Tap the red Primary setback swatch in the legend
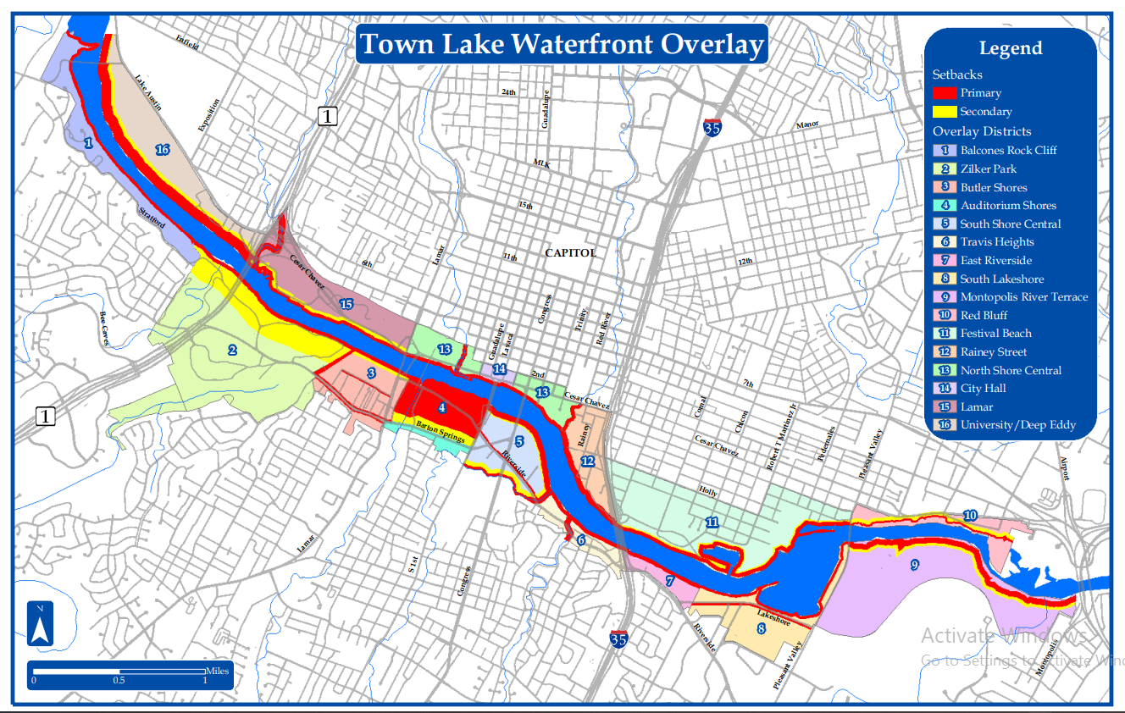[x=945, y=93]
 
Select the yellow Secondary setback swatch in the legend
[x=945, y=112]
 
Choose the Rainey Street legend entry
[x=993, y=352]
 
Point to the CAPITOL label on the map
[x=570, y=252]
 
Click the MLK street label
[x=542, y=163]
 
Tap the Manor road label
[x=807, y=125]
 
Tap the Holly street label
[x=707, y=490]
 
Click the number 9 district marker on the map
[x=914, y=566]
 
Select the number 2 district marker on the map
[x=231, y=350]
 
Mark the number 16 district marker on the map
[x=163, y=150]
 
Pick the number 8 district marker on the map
[x=761, y=628]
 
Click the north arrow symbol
[x=40, y=625]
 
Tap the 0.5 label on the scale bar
[x=119, y=680]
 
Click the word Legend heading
[x=1010, y=48]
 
